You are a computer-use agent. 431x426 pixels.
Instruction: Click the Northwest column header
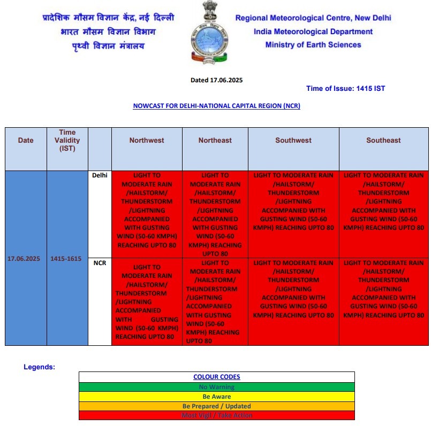pos(147,141)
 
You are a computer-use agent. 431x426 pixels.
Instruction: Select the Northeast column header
pos(215,141)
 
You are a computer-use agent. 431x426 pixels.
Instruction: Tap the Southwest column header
pos(293,141)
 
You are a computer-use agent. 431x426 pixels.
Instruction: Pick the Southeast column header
pos(383,141)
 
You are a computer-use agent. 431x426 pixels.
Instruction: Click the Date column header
pos(26,141)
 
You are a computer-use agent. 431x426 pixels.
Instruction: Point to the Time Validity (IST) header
pos(67,141)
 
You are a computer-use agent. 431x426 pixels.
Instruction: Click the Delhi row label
pos(100,175)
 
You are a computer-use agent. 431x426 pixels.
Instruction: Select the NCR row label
pos(100,264)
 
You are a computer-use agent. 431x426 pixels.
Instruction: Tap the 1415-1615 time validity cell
pos(66,259)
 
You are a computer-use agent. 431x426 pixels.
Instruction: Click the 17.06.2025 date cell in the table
pos(24,259)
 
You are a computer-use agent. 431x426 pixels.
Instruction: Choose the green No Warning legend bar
pos(216,387)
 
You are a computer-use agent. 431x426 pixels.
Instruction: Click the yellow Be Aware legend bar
pos(216,397)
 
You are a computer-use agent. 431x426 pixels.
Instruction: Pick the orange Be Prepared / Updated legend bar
pos(216,406)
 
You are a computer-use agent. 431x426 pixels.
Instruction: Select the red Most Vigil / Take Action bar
pos(216,415)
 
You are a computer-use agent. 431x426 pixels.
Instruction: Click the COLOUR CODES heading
pos(216,377)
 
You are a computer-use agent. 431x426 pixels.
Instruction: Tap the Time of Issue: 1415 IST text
pos(345,89)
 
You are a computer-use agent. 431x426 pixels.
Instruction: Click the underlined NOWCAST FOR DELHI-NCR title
pos(216,106)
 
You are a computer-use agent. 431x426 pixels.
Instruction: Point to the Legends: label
pos(39,367)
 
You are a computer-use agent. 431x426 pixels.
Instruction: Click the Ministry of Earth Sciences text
pos(313,45)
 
